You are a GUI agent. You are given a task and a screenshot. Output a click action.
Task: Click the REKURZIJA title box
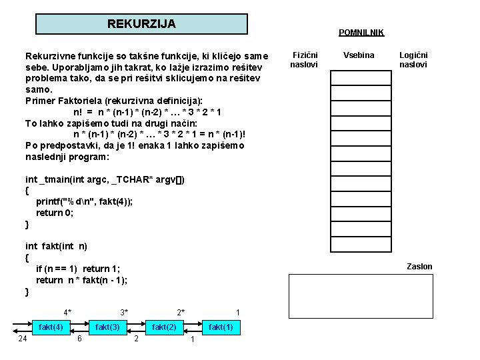tap(141, 24)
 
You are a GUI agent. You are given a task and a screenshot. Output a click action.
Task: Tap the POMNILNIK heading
tap(361, 33)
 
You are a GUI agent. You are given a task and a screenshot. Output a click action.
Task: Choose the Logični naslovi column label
tap(413, 60)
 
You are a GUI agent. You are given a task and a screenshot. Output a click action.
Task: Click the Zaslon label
tap(419, 267)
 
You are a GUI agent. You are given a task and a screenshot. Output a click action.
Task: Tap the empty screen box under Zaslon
tap(361, 298)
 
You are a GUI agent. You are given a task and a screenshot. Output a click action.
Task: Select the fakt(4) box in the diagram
tap(51, 327)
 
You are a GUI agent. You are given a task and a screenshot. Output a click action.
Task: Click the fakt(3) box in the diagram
tap(108, 327)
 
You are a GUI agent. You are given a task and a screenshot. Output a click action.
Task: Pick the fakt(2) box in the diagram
tap(165, 327)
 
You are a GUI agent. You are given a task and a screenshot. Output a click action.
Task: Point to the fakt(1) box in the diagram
tap(221, 327)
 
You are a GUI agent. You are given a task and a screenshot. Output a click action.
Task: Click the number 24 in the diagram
tap(23, 339)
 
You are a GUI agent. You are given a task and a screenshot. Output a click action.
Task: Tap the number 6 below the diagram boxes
tap(79, 339)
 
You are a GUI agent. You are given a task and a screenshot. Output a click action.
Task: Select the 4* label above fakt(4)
tap(67, 312)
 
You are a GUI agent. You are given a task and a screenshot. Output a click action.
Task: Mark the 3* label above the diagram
tap(124, 312)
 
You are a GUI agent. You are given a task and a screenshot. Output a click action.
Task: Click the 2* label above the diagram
tap(181, 312)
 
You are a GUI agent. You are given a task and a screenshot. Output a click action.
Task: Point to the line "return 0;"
tap(55, 213)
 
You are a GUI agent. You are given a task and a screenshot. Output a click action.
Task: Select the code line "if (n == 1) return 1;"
tap(78, 269)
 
